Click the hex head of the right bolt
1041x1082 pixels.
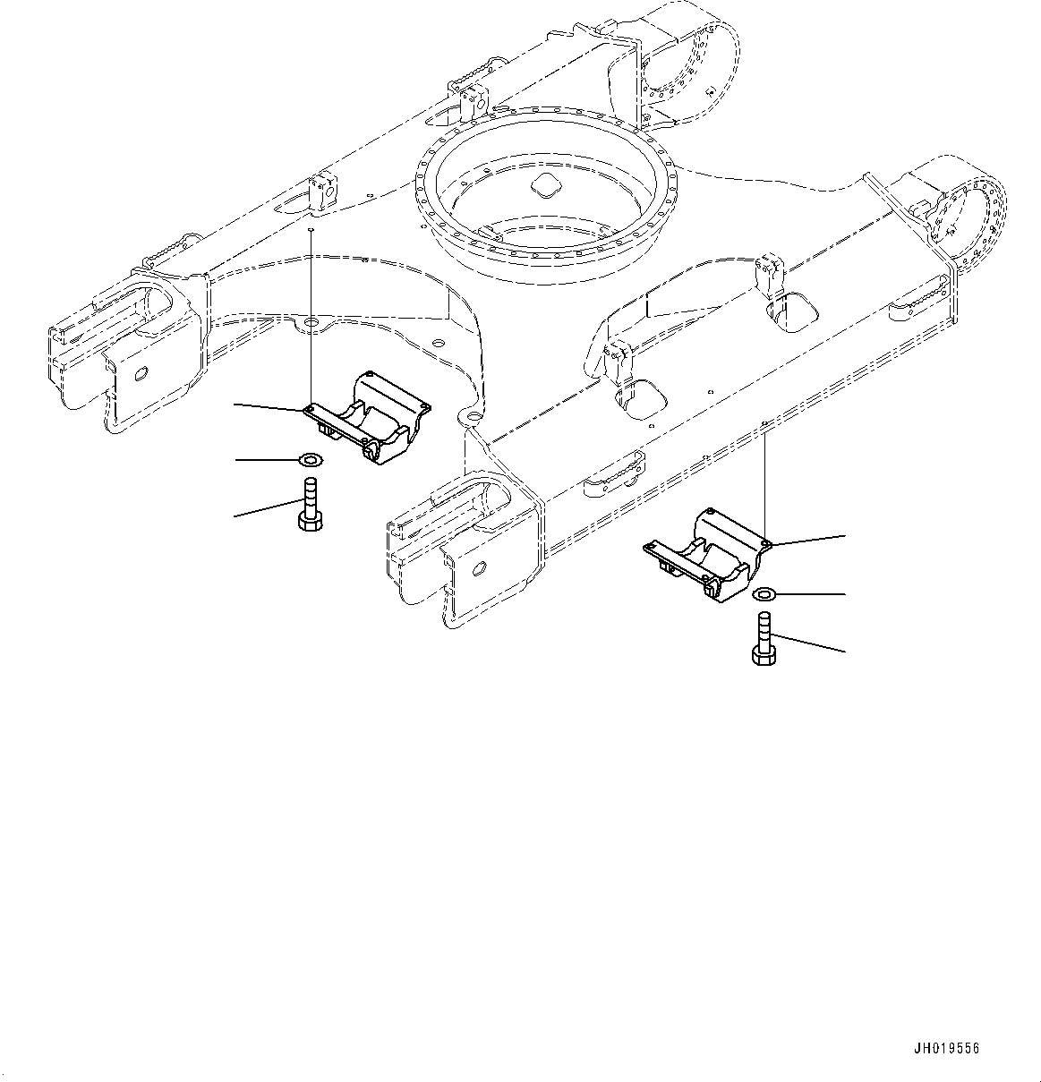(764, 657)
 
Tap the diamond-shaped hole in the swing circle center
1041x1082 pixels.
(544, 185)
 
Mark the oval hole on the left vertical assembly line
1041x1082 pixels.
(310, 320)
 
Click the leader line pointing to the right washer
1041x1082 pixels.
(811, 594)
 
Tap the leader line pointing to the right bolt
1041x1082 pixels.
(810, 643)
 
